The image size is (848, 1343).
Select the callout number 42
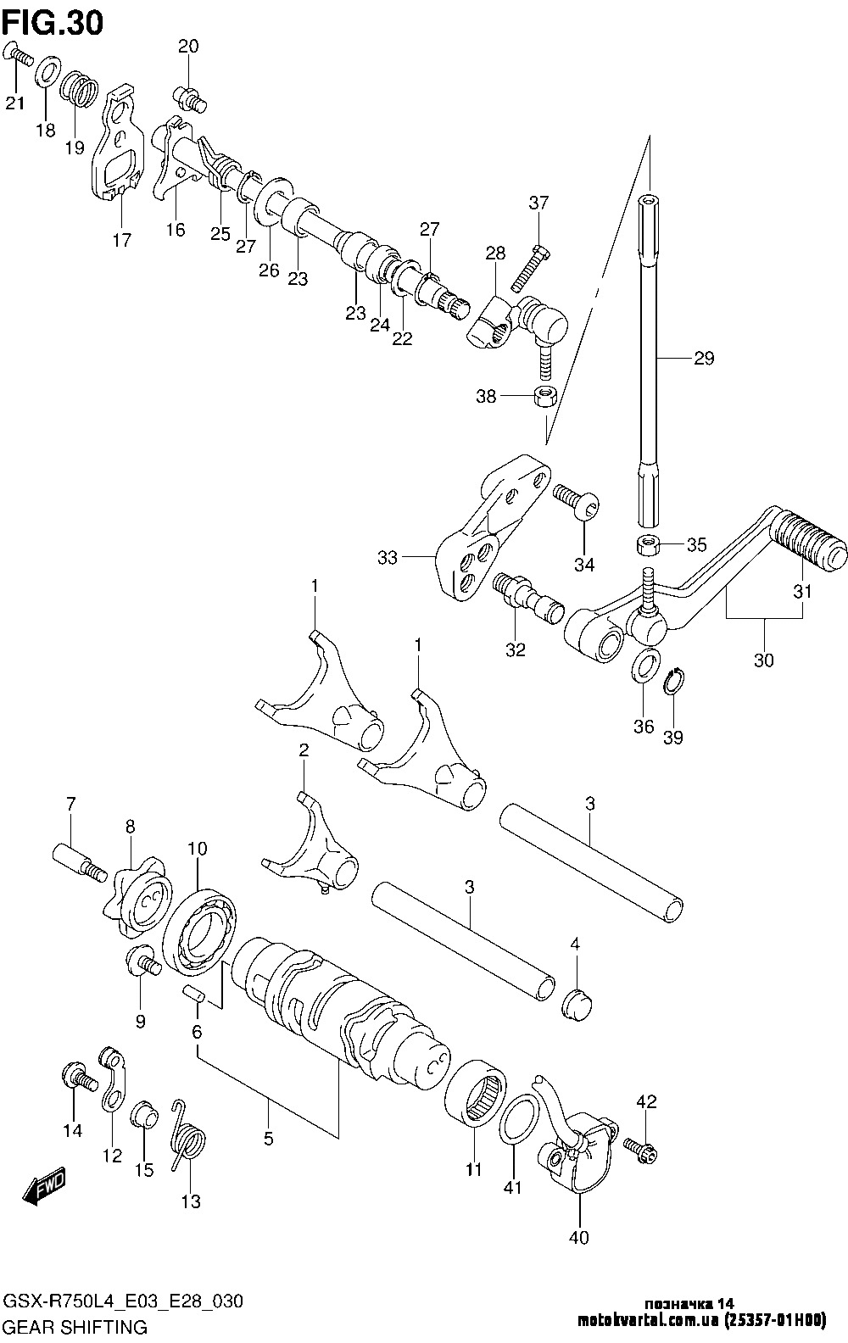[x=646, y=1103]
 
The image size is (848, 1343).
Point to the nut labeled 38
[x=544, y=396]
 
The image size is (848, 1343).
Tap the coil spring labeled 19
[x=81, y=89]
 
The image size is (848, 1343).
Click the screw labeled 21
[x=19, y=55]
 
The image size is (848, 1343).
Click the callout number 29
[x=703, y=358]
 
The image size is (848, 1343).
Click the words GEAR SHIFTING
[x=76, y=1327]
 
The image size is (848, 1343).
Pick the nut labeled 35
[x=649, y=543]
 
